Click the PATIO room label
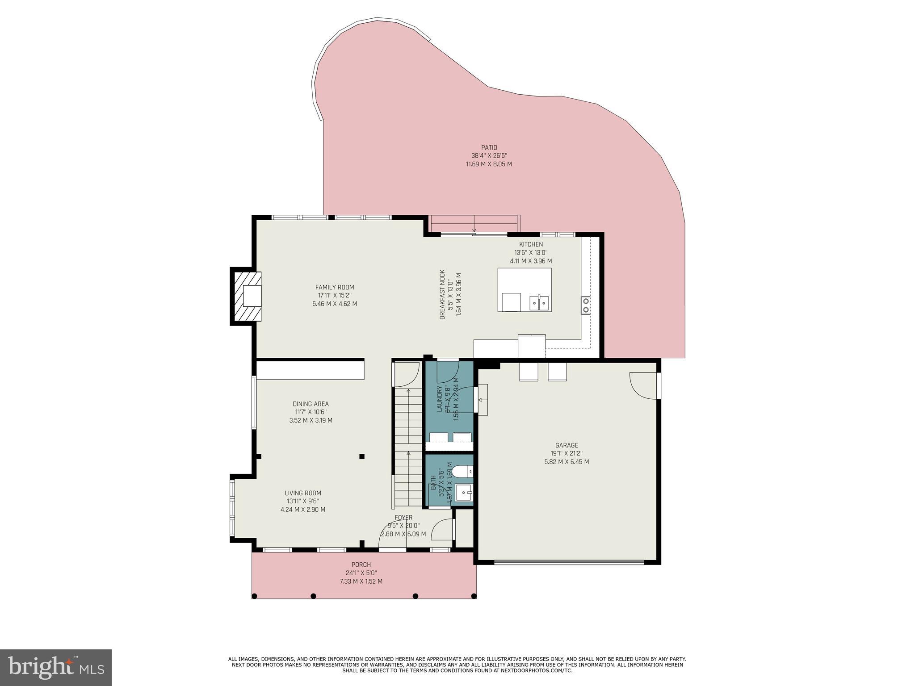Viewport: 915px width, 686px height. coord(489,147)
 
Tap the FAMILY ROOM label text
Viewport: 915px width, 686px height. coord(334,287)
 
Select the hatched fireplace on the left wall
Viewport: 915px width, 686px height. coord(246,296)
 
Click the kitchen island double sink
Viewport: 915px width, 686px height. coord(539,303)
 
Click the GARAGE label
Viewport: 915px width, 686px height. coord(566,445)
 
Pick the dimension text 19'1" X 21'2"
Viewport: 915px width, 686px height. coord(566,453)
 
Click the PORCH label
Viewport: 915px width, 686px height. coord(361,565)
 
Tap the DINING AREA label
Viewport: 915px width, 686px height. coord(311,404)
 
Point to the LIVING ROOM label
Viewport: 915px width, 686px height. coord(303,493)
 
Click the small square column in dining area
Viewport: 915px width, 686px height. coord(362,456)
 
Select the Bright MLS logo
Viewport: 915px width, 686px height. coord(56,667)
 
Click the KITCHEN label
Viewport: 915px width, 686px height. coord(531,244)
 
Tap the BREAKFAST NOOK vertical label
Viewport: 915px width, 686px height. coord(442,294)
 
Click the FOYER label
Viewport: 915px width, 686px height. coord(403,518)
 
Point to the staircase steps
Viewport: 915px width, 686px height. coord(408,447)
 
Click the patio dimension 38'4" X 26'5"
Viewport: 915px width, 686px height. coord(489,156)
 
